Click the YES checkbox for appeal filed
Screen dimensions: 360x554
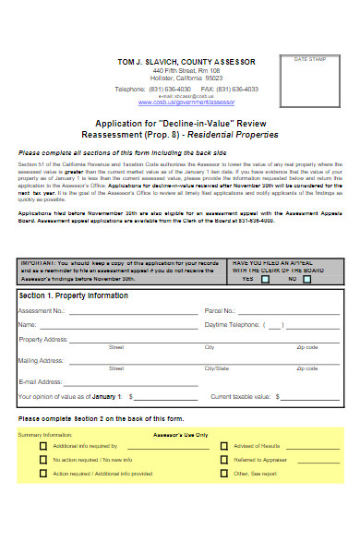click(x=264, y=278)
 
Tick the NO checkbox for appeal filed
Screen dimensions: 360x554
click(x=306, y=278)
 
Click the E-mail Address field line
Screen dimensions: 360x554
click(x=130, y=381)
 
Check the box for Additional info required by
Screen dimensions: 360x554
click(x=42, y=445)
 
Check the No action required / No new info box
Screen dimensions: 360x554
click(x=42, y=459)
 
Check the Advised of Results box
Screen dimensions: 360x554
click(x=222, y=445)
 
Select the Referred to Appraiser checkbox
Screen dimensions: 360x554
click(x=222, y=459)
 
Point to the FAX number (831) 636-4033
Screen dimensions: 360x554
click(x=236, y=89)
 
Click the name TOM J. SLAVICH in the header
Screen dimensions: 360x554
click(x=150, y=61)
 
